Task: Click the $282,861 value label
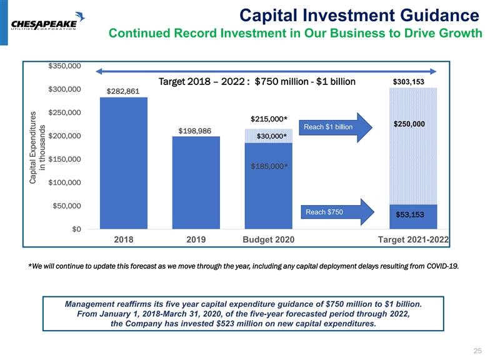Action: [x=123, y=91]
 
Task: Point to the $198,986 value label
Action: [x=194, y=131]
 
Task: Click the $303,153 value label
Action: [x=409, y=81]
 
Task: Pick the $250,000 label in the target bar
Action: [x=409, y=124]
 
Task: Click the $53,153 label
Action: [x=409, y=214]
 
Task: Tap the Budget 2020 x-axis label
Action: [x=267, y=239]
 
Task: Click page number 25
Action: [x=477, y=349]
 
